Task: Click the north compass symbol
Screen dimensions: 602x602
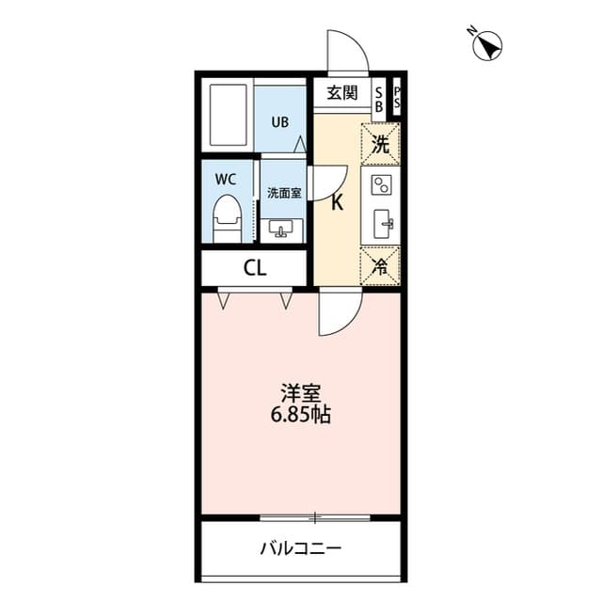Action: [488, 44]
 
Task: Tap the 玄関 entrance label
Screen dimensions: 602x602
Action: [342, 93]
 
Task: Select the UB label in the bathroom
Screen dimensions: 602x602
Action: [280, 121]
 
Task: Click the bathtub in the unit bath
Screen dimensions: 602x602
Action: [227, 116]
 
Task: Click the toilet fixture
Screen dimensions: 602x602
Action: [226, 217]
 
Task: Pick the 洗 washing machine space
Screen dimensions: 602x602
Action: [380, 145]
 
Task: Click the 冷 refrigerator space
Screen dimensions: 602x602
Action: [380, 265]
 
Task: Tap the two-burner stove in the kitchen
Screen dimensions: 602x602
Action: [381, 184]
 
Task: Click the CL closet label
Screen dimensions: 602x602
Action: [255, 268]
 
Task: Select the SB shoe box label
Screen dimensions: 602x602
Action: [379, 100]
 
